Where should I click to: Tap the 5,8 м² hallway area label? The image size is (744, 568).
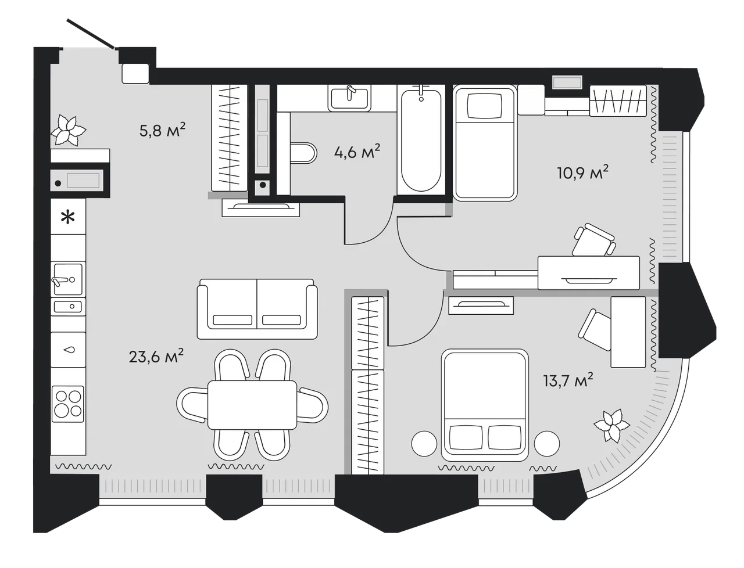(x=162, y=130)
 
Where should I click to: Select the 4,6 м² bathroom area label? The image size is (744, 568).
(x=357, y=152)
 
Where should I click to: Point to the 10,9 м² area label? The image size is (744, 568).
(x=582, y=172)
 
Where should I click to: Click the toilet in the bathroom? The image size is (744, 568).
(x=303, y=153)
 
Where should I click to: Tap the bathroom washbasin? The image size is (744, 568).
(x=349, y=98)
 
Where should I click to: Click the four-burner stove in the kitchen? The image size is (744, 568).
(x=68, y=404)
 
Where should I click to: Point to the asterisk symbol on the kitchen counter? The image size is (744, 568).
(x=68, y=217)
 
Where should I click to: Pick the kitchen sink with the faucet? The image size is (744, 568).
(x=68, y=279)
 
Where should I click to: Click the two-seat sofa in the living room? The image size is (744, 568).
(x=257, y=309)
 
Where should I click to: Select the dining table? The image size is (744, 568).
(x=252, y=405)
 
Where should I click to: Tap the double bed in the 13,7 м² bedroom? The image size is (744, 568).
(x=485, y=405)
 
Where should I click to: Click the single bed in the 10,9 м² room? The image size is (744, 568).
(x=485, y=143)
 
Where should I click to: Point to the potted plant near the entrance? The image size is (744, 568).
(x=68, y=131)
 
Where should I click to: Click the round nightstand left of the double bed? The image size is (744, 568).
(x=424, y=443)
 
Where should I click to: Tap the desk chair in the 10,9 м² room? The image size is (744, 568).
(x=594, y=240)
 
